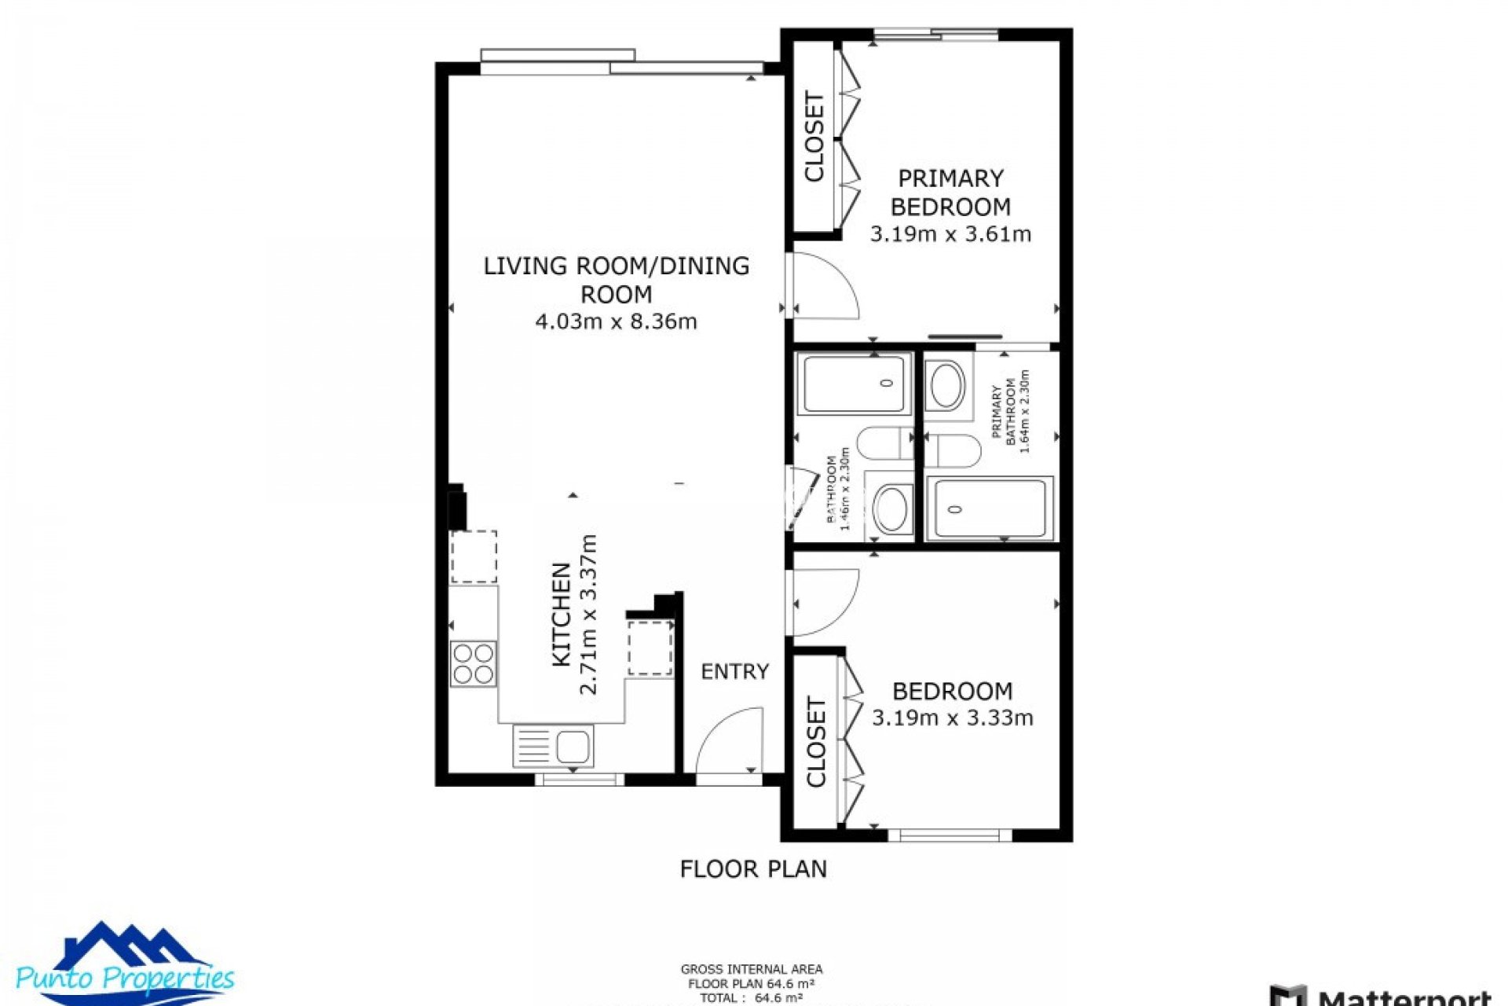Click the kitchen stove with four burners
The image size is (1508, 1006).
click(x=473, y=664)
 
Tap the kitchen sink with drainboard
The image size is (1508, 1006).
click(x=553, y=745)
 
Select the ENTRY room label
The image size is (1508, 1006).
click(x=734, y=671)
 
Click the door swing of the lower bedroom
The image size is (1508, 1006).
click(x=825, y=601)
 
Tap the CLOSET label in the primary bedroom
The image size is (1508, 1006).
click(x=814, y=137)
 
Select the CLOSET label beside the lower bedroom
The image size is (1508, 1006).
click(x=816, y=742)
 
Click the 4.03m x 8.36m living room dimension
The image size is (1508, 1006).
click(x=616, y=321)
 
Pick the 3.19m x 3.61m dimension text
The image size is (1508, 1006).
click(x=950, y=234)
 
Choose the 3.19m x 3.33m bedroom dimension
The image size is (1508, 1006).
click(x=952, y=718)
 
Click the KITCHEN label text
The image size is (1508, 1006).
click(x=561, y=615)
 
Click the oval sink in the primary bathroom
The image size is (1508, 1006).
click(x=946, y=385)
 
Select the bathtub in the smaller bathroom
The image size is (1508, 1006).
click(x=854, y=383)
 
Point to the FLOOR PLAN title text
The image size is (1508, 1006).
click(x=752, y=868)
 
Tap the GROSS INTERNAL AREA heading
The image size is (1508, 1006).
click(x=751, y=969)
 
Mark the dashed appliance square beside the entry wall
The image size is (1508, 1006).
click(x=650, y=648)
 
